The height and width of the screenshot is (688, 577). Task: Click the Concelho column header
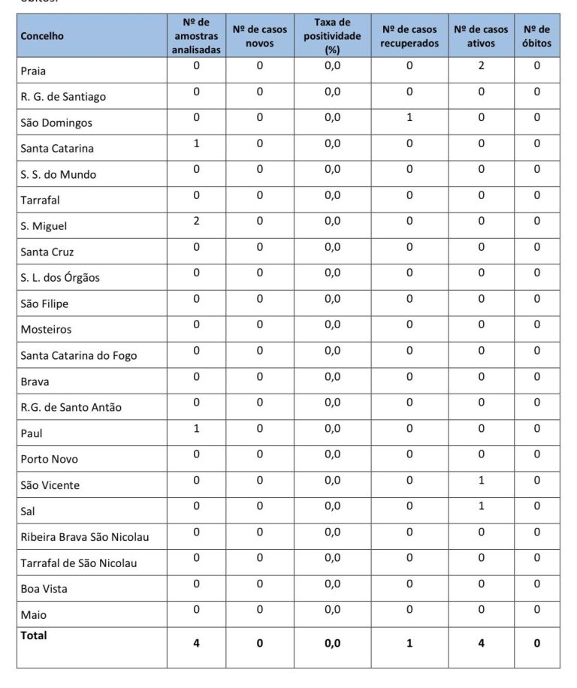point(42,36)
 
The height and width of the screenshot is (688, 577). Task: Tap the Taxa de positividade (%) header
point(333,36)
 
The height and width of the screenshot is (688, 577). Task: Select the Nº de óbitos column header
point(536,36)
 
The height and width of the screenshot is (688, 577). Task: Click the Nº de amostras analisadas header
point(196,36)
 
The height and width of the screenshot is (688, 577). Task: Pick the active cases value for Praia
point(481,66)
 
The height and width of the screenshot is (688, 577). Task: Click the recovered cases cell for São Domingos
point(409,117)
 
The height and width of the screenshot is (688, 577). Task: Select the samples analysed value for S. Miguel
point(196,221)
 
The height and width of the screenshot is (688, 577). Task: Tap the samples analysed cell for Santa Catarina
point(196,143)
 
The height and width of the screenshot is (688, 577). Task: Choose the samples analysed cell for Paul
point(196,428)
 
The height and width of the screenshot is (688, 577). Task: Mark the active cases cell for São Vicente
point(481,480)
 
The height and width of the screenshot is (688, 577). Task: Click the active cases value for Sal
point(481,505)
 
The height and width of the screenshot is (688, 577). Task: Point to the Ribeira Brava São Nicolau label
point(85,537)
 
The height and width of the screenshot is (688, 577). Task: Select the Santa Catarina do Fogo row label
point(79,355)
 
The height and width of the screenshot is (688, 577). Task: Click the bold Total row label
point(34,635)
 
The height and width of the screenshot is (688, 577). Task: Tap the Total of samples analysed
point(196,643)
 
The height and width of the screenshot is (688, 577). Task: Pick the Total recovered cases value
point(409,643)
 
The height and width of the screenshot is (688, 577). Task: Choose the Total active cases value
point(481,643)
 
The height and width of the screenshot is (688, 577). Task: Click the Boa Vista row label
point(44,589)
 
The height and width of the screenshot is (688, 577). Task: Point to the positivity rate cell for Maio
point(333,610)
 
